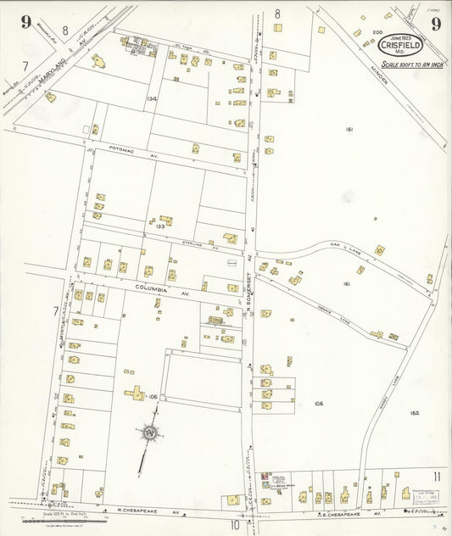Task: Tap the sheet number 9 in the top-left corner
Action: coord(26,22)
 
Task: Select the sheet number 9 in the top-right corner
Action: coord(435,23)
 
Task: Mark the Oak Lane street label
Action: coord(346,247)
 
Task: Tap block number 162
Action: coord(414,412)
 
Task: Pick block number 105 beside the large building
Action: coord(153,397)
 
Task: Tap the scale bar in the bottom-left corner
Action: coord(47,519)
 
